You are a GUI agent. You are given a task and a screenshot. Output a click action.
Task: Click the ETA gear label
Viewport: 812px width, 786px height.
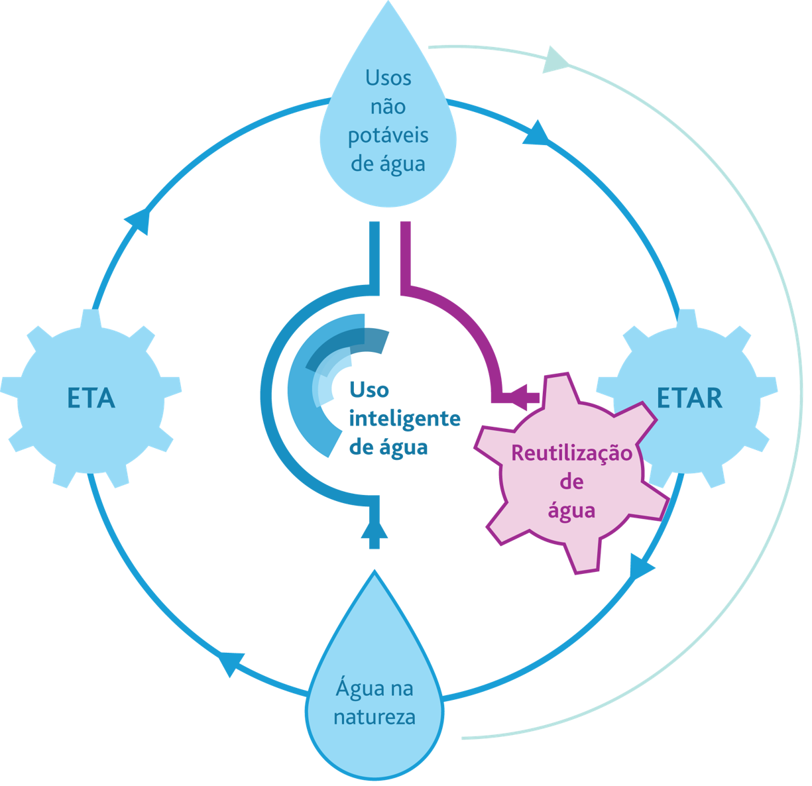coord(91,398)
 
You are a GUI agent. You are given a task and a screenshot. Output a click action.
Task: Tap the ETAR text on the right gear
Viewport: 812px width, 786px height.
coord(689,398)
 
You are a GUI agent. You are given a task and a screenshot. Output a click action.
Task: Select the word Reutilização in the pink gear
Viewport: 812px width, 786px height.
coord(571,454)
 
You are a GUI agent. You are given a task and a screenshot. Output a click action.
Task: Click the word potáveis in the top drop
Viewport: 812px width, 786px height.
coord(388,135)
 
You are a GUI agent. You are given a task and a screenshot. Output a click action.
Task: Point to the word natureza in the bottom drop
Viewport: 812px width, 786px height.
coord(375,717)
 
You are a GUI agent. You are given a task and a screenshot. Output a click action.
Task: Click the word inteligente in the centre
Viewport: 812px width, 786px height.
coord(404,418)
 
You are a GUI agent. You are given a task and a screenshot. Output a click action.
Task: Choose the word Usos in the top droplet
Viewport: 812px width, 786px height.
coord(388,78)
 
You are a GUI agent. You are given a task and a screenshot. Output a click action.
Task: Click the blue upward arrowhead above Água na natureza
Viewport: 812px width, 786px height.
coord(375,530)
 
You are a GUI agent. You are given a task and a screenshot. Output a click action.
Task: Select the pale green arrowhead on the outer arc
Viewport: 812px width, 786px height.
coord(555,59)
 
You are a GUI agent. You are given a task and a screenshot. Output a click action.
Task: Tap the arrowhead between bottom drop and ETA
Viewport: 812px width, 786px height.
coord(231,662)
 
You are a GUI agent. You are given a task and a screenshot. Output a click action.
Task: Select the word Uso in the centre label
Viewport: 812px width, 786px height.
coord(369,390)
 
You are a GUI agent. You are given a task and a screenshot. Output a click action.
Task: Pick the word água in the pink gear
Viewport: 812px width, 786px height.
coord(571,510)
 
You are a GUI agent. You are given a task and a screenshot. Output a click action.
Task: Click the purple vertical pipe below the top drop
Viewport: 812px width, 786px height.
coord(406,255)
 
